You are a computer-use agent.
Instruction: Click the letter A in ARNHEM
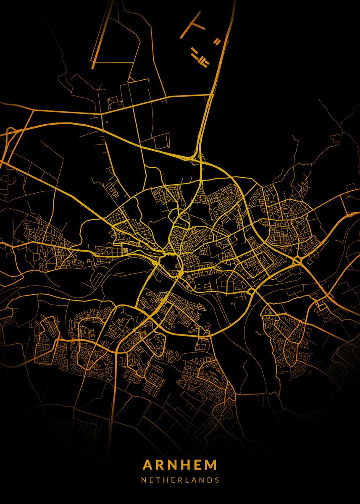(x=148, y=465)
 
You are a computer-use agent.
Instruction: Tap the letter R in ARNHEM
(x=162, y=465)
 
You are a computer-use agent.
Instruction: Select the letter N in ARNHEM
(x=176, y=465)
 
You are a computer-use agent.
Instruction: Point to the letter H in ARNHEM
(x=189, y=465)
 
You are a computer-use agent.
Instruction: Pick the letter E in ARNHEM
(x=202, y=465)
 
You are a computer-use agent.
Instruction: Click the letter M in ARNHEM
(x=213, y=465)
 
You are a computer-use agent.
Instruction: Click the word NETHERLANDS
(x=180, y=480)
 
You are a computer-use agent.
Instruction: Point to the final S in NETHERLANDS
(x=217, y=480)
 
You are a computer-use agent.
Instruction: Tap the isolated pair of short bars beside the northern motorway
(x=217, y=41)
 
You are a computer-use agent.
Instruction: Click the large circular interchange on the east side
(x=297, y=261)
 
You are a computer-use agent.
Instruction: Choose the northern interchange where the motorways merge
(x=196, y=157)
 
